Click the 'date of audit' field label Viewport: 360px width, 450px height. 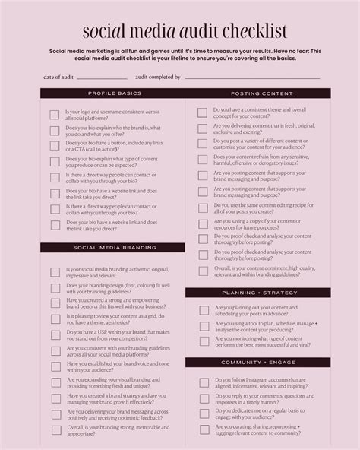pyautogui.click(x=58, y=77)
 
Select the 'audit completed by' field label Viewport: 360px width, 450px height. pyautogui.click(x=158, y=77)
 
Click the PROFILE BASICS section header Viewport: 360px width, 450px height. pyautogui.click(x=115, y=93)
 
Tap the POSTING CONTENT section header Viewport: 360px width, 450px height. pyautogui.click(x=258, y=93)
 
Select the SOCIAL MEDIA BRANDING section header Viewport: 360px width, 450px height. pyautogui.click(x=115, y=248)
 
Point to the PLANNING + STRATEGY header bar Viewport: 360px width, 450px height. pyautogui.click(x=258, y=292)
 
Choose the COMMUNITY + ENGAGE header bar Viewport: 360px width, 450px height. pyautogui.click(x=258, y=363)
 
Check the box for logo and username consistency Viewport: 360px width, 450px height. pyautogui.click(x=55, y=116)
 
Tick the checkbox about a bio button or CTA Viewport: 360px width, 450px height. pyautogui.click(x=55, y=145)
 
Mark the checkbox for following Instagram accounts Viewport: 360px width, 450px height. pyautogui.click(x=203, y=380)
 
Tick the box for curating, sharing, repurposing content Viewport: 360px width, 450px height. pyautogui.click(x=203, y=430)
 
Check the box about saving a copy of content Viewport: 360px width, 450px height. pyautogui.click(x=203, y=223)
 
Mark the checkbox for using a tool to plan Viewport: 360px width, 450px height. pyautogui.click(x=203, y=327)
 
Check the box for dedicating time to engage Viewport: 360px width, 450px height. pyautogui.click(x=203, y=414)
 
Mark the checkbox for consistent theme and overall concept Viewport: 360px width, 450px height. pyautogui.click(x=203, y=112)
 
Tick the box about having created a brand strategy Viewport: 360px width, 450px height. pyautogui.click(x=55, y=399)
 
